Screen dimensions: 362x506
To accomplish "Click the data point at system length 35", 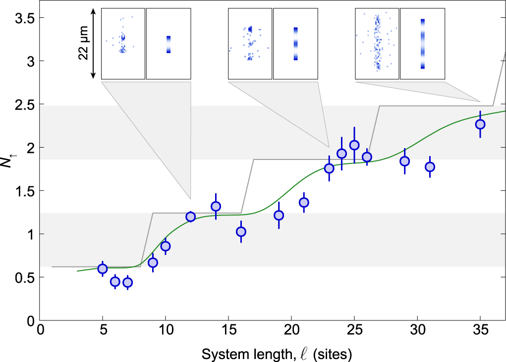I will pyautogui.click(x=480, y=124).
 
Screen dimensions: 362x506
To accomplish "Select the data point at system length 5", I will pyautogui.click(x=103, y=269).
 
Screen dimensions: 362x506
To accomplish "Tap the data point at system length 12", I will pyautogui.click(x=191, y=216).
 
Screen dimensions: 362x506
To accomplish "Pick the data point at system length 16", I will pyautogui.click(x=241, y=231).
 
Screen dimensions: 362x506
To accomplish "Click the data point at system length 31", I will pyautogui.click(x=430, y=167).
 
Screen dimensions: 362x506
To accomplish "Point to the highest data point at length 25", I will pyautogui.click(x=354, y=145).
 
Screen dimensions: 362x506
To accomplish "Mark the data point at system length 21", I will pyautogui.click(x=304, y=202).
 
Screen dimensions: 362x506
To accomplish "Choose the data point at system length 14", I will pyautogui.click(x=216, y=206).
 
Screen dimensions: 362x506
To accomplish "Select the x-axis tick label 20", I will pyautogui.click(x=291, y=330).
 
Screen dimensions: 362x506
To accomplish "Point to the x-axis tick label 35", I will pyautogui.click(x=480, y=330).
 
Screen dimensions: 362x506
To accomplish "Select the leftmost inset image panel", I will pyautogui.click(x=123, y=44).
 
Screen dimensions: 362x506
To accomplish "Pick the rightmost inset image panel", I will pyautogui.click(x=422, y=44).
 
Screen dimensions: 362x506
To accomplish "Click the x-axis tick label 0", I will pyautogui.click(x=40, y=330).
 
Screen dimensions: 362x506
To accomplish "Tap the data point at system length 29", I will pyautogui.click(x=404, y=161).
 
